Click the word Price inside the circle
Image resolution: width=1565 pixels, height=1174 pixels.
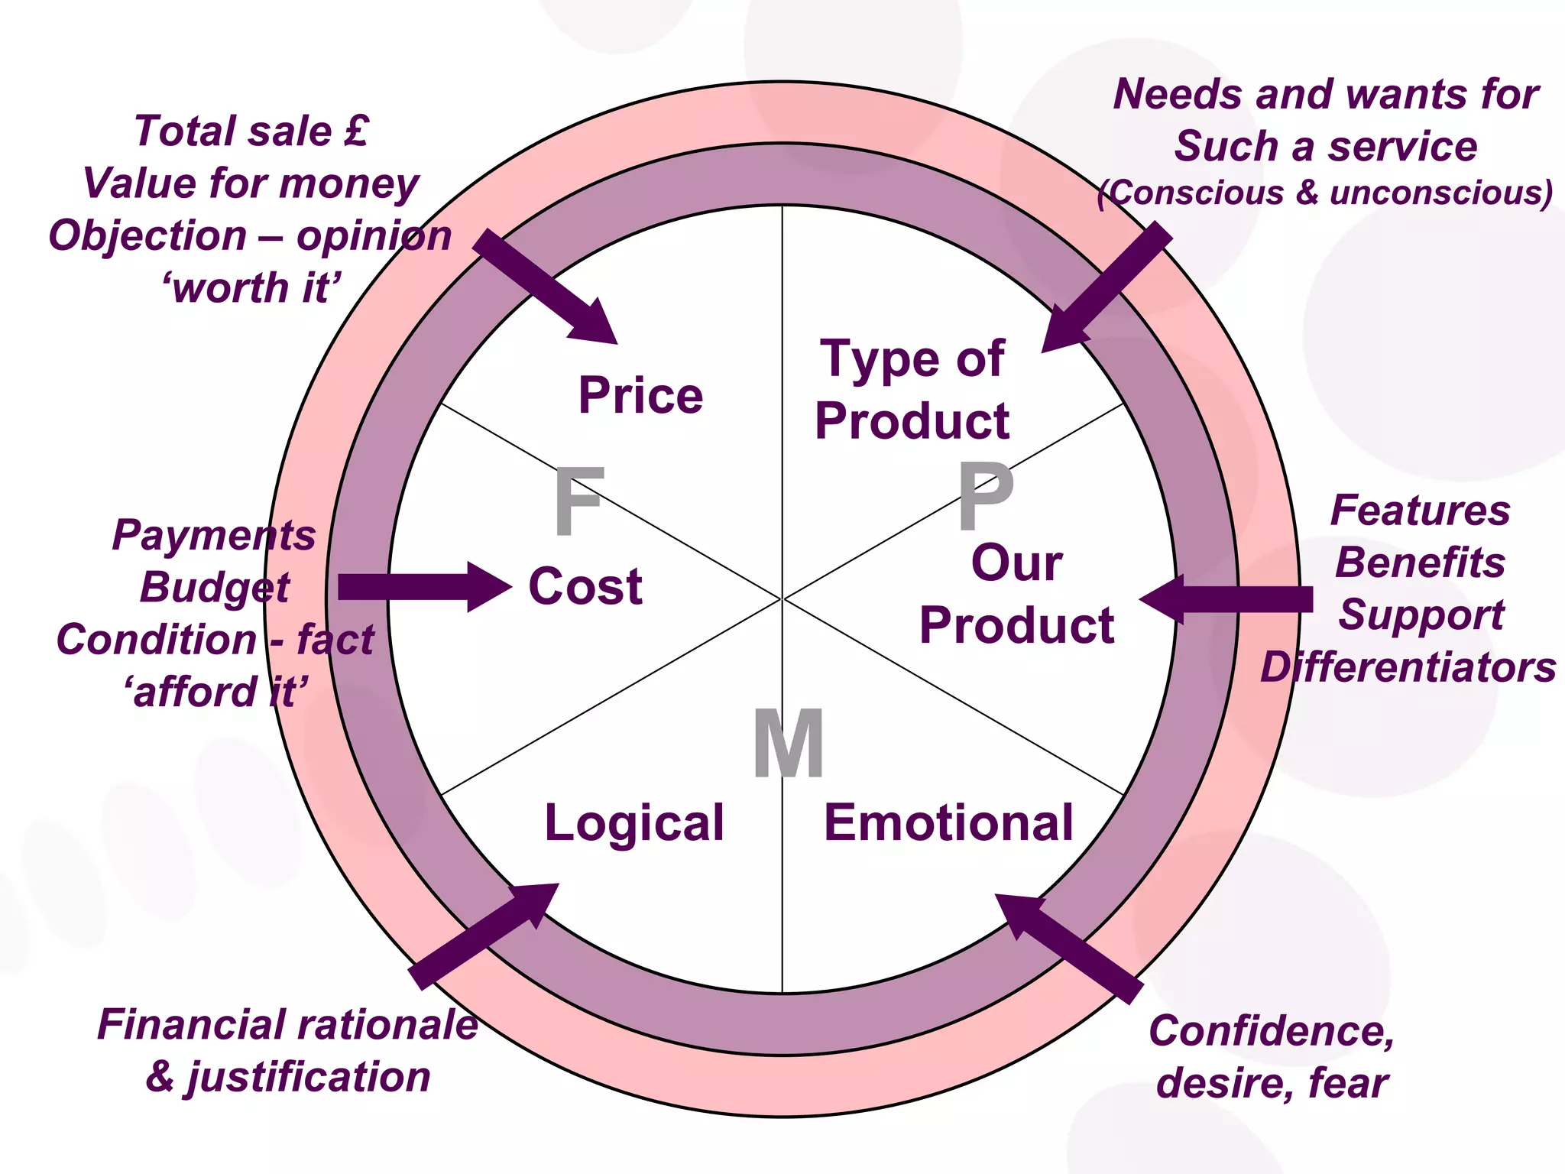(x=640, y=397)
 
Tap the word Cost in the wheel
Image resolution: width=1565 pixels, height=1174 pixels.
(x=585, y=587)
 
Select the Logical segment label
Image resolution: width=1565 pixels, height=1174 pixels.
(x=634, y=823)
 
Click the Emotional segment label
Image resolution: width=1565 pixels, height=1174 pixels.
(x=948, y=823)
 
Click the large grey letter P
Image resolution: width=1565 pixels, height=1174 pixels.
(x=985, y=497)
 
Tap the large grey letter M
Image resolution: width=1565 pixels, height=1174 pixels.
(x=788, y=744)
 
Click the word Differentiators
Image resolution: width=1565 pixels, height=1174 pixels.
(x=1408, y=667)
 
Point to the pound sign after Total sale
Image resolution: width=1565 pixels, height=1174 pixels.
(x=356, y=130)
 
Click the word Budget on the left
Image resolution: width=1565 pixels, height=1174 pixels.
(x=215, y=588)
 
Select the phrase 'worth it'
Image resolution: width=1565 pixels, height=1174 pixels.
(x=251, y=288)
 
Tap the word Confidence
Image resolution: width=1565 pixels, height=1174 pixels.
(x=1271, y=1030)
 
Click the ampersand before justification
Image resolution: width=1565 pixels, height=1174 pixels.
(x=161, y=1076)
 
